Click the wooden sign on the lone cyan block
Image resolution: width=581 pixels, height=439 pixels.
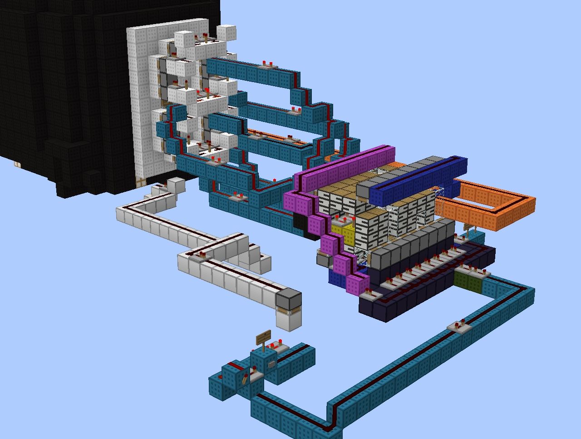click(x=264, y=337)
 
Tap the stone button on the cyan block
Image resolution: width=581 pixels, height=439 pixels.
click(x=271, y=364)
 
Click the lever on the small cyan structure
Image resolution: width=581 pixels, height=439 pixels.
click(x=246, y=379)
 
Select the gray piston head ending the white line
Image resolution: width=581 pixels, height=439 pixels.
click(x=289, y=300)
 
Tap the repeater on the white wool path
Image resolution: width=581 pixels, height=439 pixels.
click(x=199, y=257)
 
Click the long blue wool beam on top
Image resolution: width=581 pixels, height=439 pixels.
click(x=418, y=180)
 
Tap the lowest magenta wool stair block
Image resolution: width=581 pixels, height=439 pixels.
click(x=358, y=283)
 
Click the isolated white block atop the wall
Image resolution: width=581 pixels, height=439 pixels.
click(x=226, y=33)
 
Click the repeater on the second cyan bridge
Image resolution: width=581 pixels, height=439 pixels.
click(x=296, y=112)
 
